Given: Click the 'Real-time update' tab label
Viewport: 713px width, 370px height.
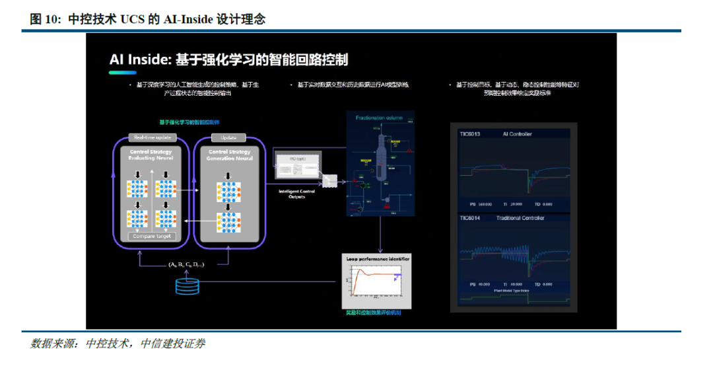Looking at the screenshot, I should (x=153, y=137).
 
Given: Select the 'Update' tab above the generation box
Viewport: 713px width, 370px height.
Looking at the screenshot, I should (x=228, y=137).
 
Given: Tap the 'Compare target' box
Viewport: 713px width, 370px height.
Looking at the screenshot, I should (x=152, y=236).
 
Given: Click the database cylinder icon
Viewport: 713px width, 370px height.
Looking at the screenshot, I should (x=187, y=286).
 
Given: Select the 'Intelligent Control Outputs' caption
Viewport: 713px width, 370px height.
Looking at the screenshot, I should (x=296, y=194).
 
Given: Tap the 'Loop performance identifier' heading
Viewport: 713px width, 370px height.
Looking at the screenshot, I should (x=378, y=259).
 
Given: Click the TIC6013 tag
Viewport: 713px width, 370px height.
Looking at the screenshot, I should (x=470, y=134).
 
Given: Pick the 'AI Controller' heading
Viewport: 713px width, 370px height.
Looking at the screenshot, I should (x=518, y=134).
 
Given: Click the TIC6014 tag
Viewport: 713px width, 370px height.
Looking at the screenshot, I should (x=470, y=218).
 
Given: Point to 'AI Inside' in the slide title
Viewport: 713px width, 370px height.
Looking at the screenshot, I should (x=139, y=60).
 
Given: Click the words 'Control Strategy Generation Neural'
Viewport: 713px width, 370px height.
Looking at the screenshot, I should (x=226, y=155).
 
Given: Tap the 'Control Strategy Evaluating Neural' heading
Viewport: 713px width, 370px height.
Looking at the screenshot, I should (x=152, y=155).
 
